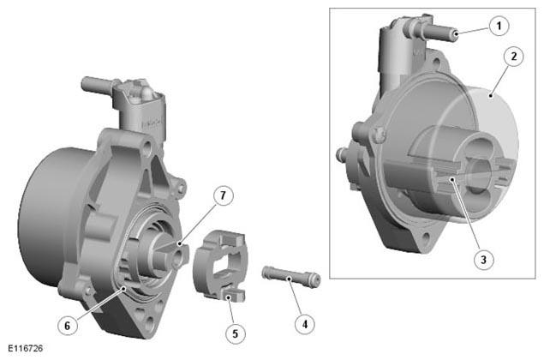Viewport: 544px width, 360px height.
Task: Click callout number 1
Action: [499, 26]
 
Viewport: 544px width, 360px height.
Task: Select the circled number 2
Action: [513, 57]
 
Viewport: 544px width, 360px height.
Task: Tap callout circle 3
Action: [484, 259]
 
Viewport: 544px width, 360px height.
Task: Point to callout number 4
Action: [305, 324]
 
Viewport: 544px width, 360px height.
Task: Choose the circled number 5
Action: [236, 333]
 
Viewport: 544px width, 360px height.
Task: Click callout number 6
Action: [68, 325]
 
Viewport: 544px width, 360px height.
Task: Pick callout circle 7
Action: [223, 195]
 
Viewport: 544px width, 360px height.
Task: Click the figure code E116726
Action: [26, 348]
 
